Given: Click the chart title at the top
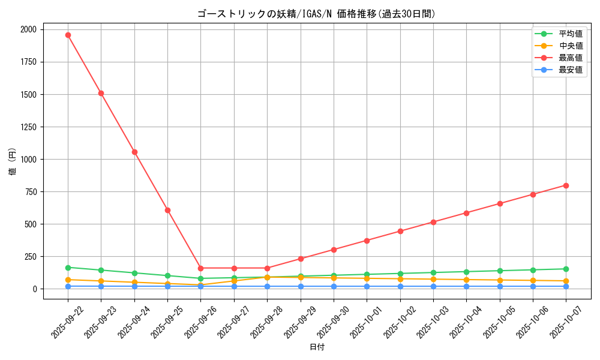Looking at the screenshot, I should [x=316, y=14].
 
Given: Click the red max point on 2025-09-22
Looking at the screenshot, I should [x=68, y=35].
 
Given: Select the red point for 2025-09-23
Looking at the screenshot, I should [x=101, y=93].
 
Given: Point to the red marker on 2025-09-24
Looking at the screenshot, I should [x=134, y=152].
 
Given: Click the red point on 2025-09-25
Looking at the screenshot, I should [x=167, y=210].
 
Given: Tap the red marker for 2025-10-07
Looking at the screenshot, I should [x=566, y=185].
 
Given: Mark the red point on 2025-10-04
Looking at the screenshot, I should [x=466, y=213].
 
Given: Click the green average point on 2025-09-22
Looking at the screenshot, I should [x=68, y=268].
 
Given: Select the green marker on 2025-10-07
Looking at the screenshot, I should [x=566, y=269].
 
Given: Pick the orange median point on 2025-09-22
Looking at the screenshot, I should [x=68, y=280].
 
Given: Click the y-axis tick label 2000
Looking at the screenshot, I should [x=28, y=29].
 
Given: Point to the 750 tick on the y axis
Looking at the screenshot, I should [x=30, y=192].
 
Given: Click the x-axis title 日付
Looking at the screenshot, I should [x=317, y=347].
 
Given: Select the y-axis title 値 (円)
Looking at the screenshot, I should [x=13, y=162].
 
